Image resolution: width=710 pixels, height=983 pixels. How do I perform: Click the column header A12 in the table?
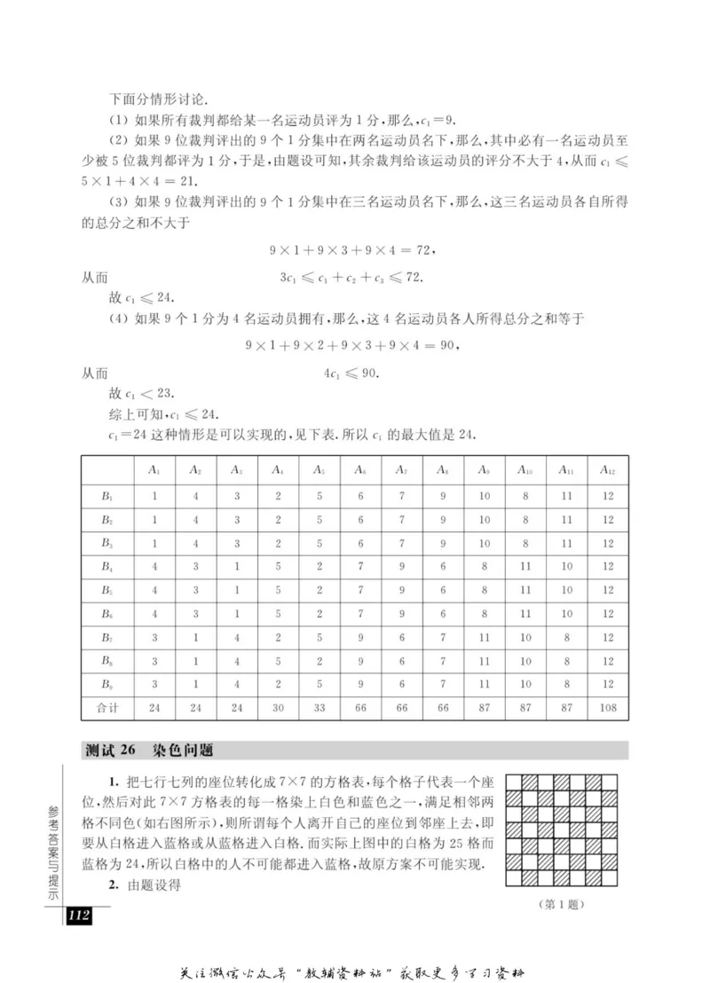click(x=607, y=470)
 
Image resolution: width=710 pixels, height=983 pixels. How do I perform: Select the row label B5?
click(x=108, y=588)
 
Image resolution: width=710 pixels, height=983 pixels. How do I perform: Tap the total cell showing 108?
click(x=607, y=708)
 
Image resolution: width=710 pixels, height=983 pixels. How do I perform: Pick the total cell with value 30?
click(x=278, y=708)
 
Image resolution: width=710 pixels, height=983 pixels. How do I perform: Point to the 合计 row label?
click(x=108, y=708)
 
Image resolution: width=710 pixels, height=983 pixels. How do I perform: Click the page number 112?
click(x=78, y=916)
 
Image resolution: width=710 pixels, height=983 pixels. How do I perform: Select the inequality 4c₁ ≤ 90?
click(x=351, y=374)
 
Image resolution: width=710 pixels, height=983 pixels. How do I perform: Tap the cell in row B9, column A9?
click(x=484, y=684)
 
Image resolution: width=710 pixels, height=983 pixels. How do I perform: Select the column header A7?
click(x=401, y=470)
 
